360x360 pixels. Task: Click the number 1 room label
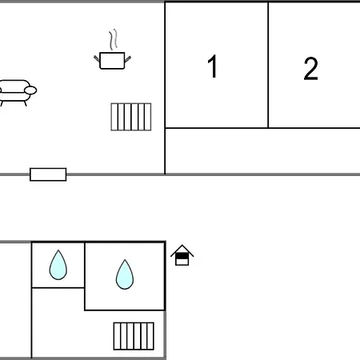(213, 66)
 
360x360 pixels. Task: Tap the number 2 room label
(311, 69)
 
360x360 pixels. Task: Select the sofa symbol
(17, 93)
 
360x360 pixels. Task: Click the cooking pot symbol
(112, 61)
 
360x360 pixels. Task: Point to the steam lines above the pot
(114, 39)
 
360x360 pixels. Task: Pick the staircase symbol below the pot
(131, 117)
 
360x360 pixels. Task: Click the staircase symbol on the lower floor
(134, 336)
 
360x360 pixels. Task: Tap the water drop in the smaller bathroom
(58, 265)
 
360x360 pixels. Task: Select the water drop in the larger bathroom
(125, 274)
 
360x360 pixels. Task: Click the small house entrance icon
(182, 255)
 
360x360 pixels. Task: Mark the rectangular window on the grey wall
(48, 174)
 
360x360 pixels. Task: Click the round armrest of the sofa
(30, 90)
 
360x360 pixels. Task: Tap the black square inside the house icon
(182, 256)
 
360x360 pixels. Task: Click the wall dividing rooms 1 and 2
(268, 65)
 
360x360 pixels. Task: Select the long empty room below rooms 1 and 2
(262, 151)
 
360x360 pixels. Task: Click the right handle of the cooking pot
(127, 59)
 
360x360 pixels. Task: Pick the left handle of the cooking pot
(97, 58)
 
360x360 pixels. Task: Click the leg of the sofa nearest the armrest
(26, 103)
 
